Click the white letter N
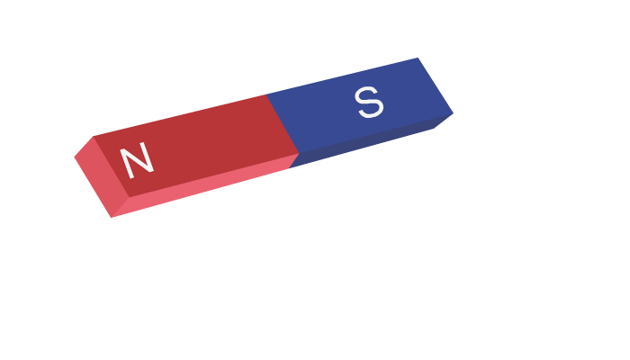pyautogui.click(x=137, y=161)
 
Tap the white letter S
pyautogui.click(x=369, y=102)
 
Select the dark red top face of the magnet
pyautogui.click(x=196, y=146)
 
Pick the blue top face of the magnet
pyautogui.click(x=360, y=105)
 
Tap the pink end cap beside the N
pyautogui.click(x=102, y=177)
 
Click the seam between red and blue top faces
pyautogui.click(x=283, y=124)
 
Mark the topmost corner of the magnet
pyautogui.click(x=418, y=58)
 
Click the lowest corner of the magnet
pyautogui.click(x=112, y=218)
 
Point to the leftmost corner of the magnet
pyautogui.click(x=75, y=157)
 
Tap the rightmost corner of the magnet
pyautogui.click(x=454, y=113)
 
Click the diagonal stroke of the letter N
pyautogui.click(x=137, y=161)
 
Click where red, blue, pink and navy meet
pyautogui.click(x=300, y=154)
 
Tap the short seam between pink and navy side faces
pyautogui.click(x=294, y=161)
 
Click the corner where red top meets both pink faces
pyautogui.click(x=129, y=197)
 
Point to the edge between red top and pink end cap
pyautogui.click(x=112, y=166)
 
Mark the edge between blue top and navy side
pyautogui.click(x=376, y=133)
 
